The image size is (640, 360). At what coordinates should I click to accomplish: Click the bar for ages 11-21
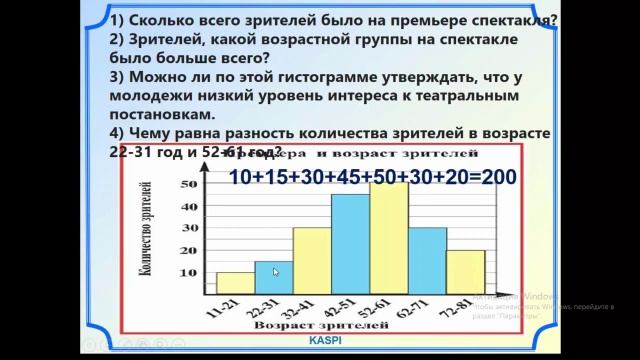pyautogui.click(x=235, y=284)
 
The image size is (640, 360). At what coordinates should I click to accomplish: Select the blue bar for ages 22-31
pyautogui.click(x=273, y=279)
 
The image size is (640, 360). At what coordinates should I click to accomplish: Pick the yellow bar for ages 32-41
pyautogui.click(x=312, y=261)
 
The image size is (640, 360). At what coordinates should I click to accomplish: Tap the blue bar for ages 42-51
pyautogui.click(x=350, y=245)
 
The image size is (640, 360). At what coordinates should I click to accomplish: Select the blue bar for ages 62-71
pyautogui.click(x=427, y=261)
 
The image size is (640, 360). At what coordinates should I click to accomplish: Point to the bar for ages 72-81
pyautogui.click(x=465, y=273)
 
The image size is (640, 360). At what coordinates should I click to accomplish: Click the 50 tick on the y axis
pyautogui.click(x=189, y=184)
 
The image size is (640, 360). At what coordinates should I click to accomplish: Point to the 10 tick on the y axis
pyautogui.click(x=189, y=273)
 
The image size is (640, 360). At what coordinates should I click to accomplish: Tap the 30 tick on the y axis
pyautogui.click(x=189, y=228)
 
